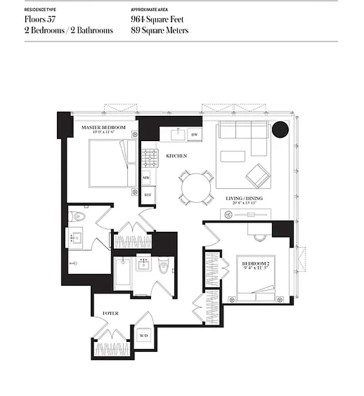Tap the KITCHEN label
coord(176,156)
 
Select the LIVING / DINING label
coord(244,198)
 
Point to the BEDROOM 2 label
coord(255,263)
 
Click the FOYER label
coord(110,313)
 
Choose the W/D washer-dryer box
coord(144,336)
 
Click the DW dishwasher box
coord(195,135)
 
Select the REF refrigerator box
coord(148,195)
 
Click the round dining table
coord(196,188)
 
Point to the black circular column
coord(280,130)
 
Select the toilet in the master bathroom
coord(79,216)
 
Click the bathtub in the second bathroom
coord(123,273)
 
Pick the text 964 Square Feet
coord(157,20)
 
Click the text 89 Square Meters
coord(159,30)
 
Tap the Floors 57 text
coord(40,20)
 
